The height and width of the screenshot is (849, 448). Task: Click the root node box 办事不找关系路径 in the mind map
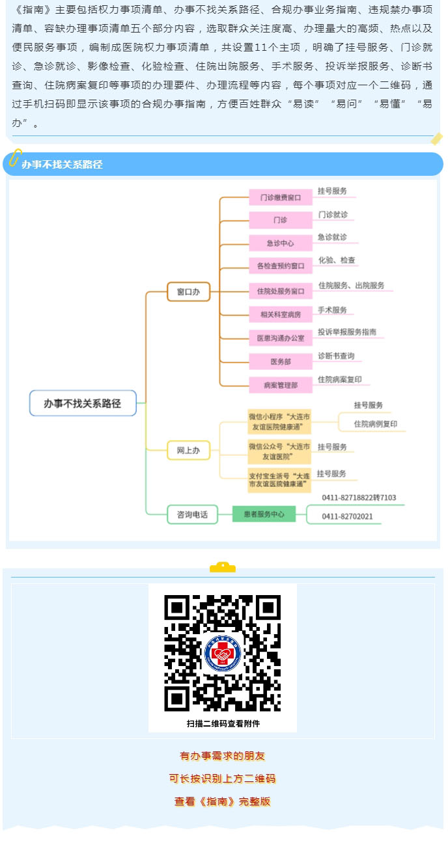(83, 403)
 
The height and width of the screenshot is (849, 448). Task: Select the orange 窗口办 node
(188, 292)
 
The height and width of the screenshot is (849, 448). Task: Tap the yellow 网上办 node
(188, 450)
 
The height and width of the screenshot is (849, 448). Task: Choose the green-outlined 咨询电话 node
(192, 514)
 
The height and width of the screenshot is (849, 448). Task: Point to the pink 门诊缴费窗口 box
(281, 197)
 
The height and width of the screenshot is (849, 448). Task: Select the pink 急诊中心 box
(281, 243)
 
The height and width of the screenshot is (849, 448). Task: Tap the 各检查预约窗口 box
(281, 266)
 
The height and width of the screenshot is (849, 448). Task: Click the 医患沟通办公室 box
(281, 338)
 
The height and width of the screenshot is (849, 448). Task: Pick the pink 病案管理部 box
(281, 385)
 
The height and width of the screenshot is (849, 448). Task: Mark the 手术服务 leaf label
(332, 310)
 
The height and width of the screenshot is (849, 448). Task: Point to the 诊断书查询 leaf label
(336, 356)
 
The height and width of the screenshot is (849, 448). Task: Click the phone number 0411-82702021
(347, 516)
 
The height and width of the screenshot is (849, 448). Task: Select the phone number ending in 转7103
(359, 498)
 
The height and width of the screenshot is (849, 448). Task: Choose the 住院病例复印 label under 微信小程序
(376, 424)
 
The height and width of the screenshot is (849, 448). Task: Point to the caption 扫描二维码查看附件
(223, 723)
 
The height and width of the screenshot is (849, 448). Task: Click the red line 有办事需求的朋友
(223, 756)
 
